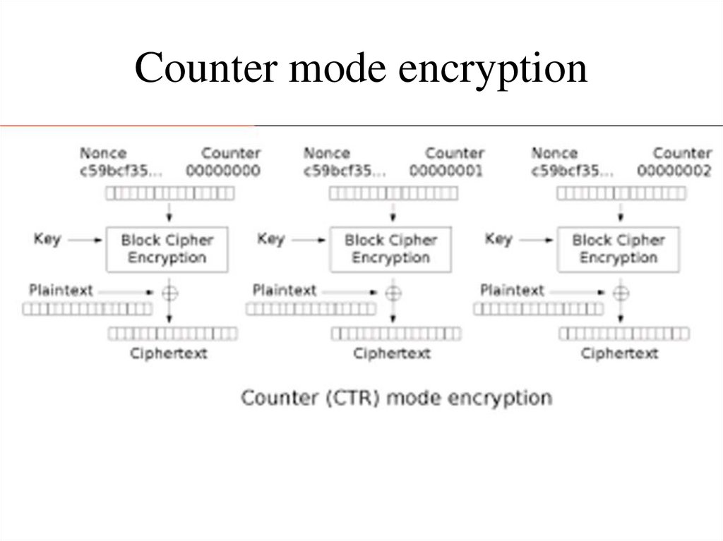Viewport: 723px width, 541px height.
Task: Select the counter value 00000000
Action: click(x=223, y=171)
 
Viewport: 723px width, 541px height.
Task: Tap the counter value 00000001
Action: click(x=446, y=171)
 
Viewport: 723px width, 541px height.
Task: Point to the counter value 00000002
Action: click(x=674, y=171)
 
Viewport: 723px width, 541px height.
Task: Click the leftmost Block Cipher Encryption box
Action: click(x=167, y=249)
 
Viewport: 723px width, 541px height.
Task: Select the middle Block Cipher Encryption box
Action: click(x=390, y=249)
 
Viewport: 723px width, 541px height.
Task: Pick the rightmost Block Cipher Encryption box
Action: click(x=619, y=249)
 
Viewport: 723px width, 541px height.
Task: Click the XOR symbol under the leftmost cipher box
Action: click(x=168, y=291)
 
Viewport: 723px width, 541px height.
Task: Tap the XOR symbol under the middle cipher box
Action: click(x=393, y=291)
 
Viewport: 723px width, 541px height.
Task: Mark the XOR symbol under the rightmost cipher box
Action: click(x=621, y=291)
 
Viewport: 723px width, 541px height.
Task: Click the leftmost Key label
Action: click(x=47, y=239)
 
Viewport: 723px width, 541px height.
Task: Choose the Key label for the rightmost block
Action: click(x=498, y=239)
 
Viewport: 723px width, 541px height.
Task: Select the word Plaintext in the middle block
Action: click(x=285, y=290)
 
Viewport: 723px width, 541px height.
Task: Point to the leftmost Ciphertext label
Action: click(x=168, y=353)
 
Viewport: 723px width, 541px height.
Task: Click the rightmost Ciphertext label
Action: click(x=619, y=353)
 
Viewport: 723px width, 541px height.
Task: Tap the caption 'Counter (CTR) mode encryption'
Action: click(x=396, y=397)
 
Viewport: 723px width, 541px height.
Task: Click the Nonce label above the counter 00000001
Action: click(x=326, y=153)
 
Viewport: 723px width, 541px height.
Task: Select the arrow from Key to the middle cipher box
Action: click(x=307, y=241)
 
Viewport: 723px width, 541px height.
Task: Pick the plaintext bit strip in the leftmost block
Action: click(x=87, y=308)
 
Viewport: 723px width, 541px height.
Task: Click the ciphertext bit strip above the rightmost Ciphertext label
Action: click(x=623, y=334)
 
